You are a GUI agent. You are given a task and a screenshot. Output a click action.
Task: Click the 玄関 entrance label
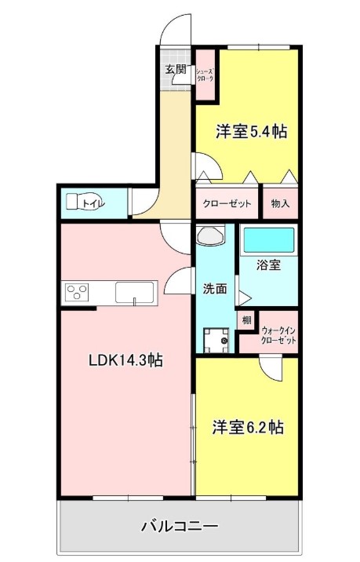tap(176, 69)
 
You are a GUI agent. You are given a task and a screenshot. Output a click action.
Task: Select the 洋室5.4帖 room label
tap(251, 132)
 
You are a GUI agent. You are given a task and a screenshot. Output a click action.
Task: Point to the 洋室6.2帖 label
tap(249, 427)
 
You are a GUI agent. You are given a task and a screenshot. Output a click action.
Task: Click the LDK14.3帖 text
tap(126, 360)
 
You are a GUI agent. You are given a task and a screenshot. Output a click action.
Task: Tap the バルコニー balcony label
tap(180, 526)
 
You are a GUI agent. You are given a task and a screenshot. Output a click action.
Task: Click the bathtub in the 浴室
tap(269, 240)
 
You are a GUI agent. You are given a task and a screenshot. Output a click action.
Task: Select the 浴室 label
tap(269, 265)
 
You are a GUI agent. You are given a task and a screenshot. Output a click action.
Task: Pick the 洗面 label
tap(215, 289)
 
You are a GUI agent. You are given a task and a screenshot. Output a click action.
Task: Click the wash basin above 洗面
tap(211, 235)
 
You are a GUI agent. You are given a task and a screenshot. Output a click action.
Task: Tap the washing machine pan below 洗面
tap(216, 340)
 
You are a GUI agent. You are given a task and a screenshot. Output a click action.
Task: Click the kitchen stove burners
tap(77, 290)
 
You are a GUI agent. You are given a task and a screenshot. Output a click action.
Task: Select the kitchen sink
tap(135, 293)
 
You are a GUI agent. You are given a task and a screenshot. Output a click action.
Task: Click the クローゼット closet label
tap(227, 204)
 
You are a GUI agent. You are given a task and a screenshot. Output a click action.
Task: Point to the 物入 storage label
tap(280, 204)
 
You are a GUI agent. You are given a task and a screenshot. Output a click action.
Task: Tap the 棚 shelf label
tap(246, 319)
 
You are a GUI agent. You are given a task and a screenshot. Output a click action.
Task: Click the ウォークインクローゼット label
tap(278, 334)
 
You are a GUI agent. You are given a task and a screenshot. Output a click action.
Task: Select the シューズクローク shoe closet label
tap(205, 75)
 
